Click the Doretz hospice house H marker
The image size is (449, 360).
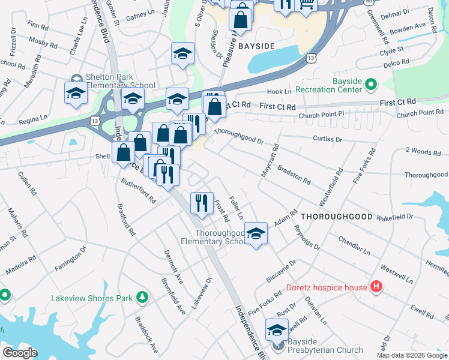(x=376, y=287)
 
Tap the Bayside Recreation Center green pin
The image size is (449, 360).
(x=370, y=85)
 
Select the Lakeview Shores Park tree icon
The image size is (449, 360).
(x=142, y=297)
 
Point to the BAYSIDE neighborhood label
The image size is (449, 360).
(x=256, y=46)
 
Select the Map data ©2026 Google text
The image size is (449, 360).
(x=412, y=356)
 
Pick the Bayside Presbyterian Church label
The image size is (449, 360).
(x=325, y=350)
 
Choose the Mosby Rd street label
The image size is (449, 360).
(x=43, y=44)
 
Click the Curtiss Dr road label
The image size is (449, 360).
(x=327, y=139)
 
